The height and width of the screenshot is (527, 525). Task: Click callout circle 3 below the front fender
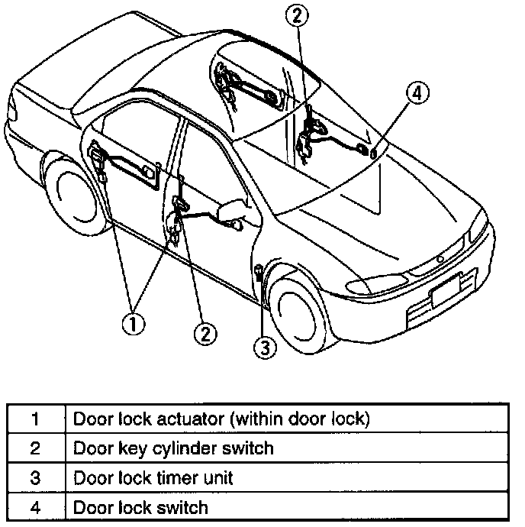click(x=264, y=348)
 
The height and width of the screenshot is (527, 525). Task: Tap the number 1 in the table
click(x=34, y=419)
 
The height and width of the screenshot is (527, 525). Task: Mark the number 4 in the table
click(x=34, y=507)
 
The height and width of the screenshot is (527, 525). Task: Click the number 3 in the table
click(x=34, y=478)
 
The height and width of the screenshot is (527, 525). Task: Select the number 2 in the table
click(x=34, y=448)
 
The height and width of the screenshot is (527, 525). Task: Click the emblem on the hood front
click(x=440, y=260)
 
